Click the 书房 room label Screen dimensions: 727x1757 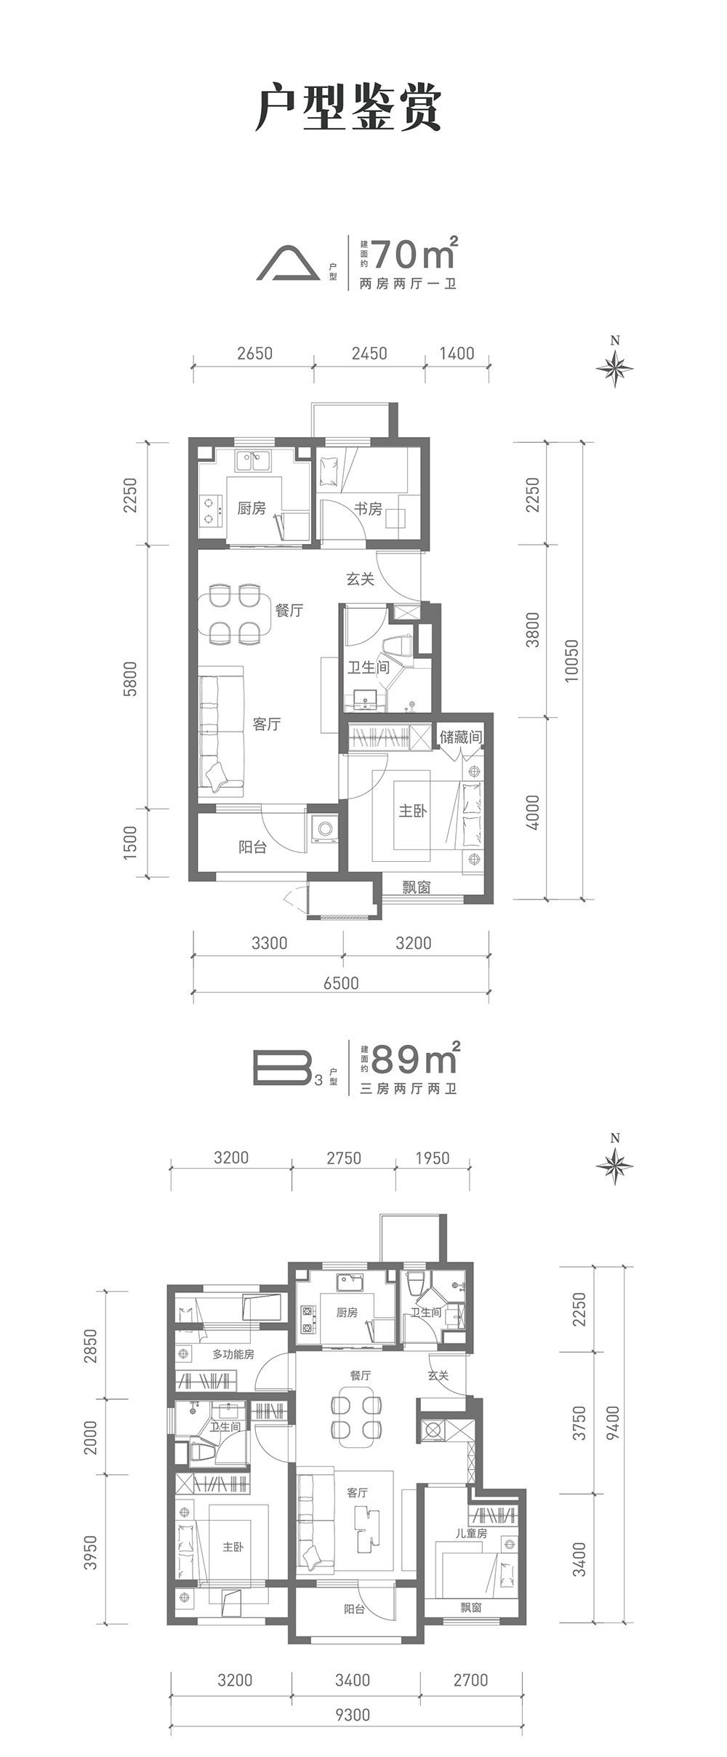(368, 508)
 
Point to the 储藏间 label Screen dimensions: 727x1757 (460, 737)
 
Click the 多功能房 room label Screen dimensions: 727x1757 (233, 1354)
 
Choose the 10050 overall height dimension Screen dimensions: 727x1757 (572, 660)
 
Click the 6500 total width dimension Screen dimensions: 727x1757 (341, 983)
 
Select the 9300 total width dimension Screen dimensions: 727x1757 (353, 1715)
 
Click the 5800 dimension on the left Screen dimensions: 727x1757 (130, 679)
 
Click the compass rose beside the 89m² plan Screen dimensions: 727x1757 (615, 1165)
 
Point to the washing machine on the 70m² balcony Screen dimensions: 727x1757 (324, 828)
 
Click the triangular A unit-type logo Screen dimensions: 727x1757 (288, 263)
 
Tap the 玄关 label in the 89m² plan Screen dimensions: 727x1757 (438, 1376)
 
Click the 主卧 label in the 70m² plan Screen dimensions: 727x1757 (412, 810)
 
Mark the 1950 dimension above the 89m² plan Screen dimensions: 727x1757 (433, 1158)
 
